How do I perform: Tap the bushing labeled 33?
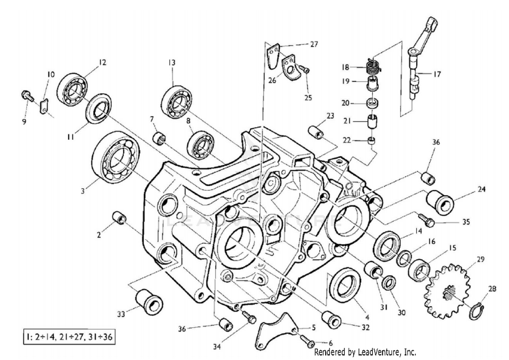(x=149, y=301)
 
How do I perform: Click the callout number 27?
(x=314, y=44)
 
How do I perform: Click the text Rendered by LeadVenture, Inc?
(x=365, y=352)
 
